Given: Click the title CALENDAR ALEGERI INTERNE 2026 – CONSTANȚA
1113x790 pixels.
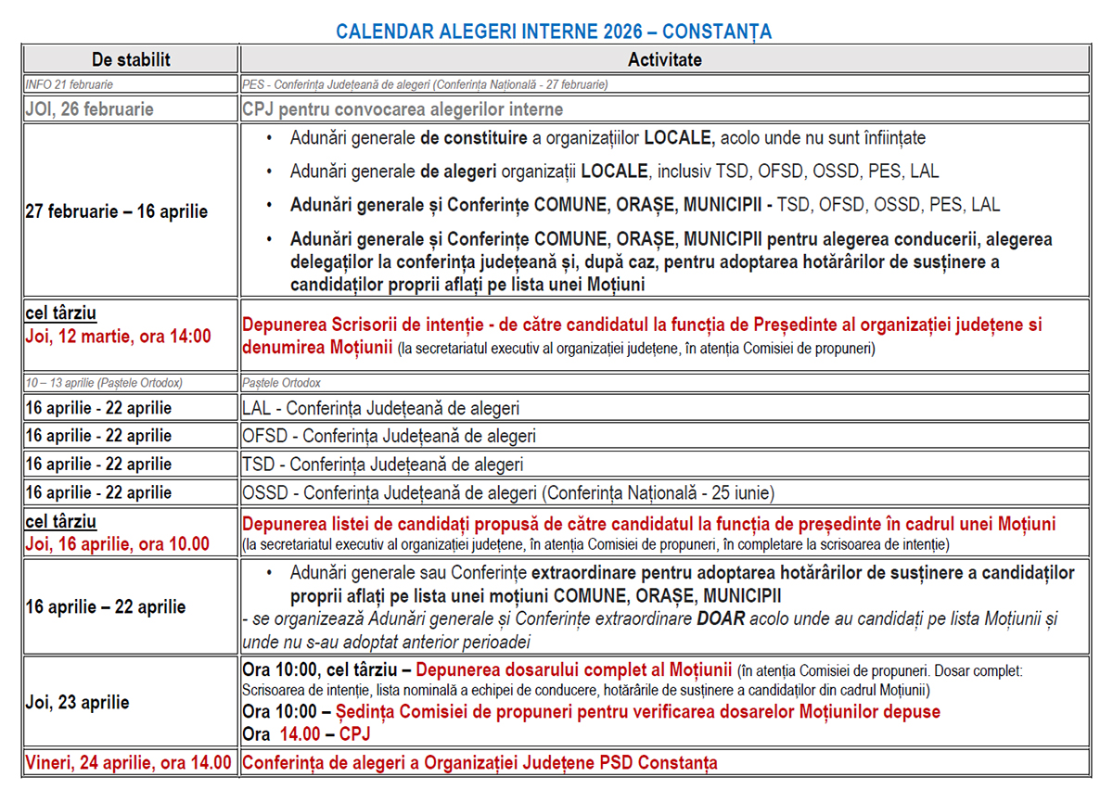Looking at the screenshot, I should tap(554, 32).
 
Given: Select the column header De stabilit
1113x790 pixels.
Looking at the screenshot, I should tap(131, 60).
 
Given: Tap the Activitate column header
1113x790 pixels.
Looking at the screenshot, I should tap(664, 60).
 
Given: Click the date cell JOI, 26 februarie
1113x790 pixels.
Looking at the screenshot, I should tap(89, 108).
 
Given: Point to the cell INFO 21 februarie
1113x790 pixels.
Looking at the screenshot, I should tap(70, 84).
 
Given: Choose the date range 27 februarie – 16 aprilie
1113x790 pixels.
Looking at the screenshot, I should tap(117, 211).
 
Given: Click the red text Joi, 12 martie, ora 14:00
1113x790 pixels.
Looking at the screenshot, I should tap(118, 336).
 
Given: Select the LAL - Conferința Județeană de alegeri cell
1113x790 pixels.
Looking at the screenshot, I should tap(380, 408).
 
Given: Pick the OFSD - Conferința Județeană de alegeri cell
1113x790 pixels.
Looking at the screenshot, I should tap(389, 436).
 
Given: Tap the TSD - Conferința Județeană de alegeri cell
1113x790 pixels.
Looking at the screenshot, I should tap(382, 465).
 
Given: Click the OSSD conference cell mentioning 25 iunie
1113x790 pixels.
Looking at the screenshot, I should tap(507, 492).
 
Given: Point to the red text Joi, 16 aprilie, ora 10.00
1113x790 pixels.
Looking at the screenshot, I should tap(117, 544).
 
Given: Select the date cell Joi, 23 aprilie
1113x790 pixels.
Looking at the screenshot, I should tap(77, 702).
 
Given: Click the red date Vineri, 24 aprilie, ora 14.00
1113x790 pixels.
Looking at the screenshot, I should tap(128, 763).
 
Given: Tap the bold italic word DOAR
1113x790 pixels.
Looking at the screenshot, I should tap(720, 619).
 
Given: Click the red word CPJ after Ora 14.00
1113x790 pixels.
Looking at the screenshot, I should tap(355, 733).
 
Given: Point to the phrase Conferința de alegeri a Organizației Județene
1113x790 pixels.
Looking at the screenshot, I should tap(418, 763).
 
